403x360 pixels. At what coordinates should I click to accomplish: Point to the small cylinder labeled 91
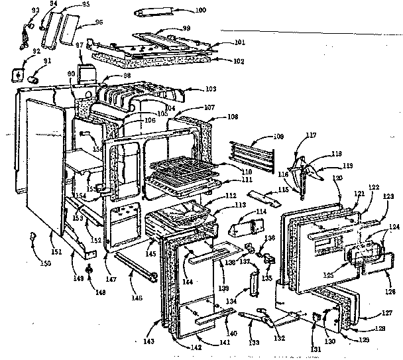[31, 78]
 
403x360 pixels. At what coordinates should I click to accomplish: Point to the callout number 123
[388, 197]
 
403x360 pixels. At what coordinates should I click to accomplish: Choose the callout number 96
[99, 22]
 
